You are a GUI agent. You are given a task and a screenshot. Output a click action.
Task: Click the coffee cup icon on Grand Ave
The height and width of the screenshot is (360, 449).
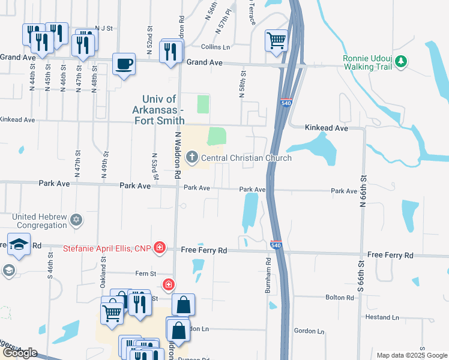(x=124, y=64)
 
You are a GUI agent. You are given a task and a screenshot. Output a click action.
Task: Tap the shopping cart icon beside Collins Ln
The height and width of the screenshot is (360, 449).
(x=277, y=40)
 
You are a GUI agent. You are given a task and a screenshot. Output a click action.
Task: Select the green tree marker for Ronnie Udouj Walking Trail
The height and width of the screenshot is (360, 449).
(x=401, y=62)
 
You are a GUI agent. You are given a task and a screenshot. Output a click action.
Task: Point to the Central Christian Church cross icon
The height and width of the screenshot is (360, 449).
(x=192, y=158)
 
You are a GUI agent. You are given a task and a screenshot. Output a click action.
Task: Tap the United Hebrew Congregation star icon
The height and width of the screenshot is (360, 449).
(x=76, y=221)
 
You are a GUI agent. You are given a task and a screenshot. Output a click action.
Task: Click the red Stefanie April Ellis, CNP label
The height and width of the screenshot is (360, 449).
(x=106, y=247)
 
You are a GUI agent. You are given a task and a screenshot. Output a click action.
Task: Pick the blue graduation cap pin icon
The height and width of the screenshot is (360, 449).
(x=19, y=245)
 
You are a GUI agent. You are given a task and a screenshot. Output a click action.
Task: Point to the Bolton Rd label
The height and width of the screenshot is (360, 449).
(x=339, y=298)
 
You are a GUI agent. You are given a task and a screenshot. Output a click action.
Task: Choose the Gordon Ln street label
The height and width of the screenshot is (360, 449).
(x=309, y=331)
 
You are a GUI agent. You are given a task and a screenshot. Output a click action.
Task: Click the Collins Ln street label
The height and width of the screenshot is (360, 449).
(x=215, y=47)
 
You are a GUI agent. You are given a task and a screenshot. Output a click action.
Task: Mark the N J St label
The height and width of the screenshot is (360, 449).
(x=103, y=28)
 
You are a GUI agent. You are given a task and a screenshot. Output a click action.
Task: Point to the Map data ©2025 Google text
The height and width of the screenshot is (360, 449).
(x=411, y=355)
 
